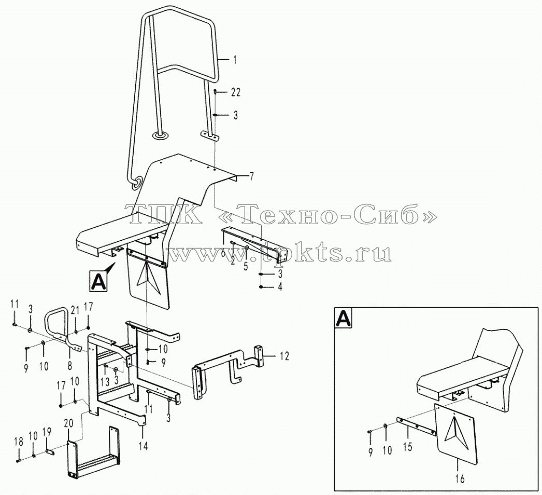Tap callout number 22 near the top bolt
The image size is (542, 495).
[235, 92]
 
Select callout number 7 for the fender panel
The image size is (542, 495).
[251, 177]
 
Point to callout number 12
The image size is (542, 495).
[284, 356]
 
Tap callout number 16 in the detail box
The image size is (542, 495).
[460, 479]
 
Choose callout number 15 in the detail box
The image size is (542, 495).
[408, 447]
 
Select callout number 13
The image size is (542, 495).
[105, 382]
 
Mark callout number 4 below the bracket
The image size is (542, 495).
[280, 287]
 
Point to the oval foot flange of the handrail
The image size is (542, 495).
[160, 136]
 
